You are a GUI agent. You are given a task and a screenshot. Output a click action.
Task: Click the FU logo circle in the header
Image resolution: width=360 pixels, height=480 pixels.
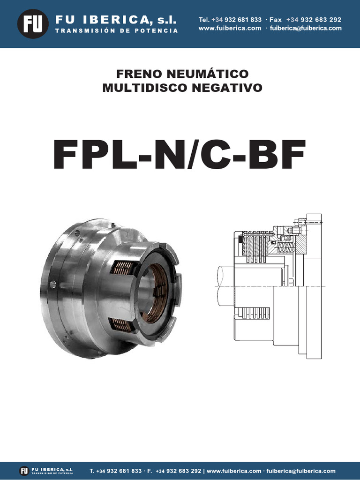pos(33,23)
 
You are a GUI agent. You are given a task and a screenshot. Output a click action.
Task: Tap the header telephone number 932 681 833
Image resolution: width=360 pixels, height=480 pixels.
pos(243,20)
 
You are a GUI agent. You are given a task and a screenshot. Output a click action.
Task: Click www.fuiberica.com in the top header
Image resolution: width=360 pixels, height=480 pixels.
pos(230,28)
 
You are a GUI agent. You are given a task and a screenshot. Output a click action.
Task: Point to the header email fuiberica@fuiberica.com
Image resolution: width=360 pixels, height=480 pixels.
pos(306,28)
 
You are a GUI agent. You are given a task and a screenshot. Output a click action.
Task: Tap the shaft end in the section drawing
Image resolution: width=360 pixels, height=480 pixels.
pos(225,285)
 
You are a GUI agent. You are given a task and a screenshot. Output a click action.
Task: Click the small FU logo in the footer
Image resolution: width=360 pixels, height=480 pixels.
pos(24,471)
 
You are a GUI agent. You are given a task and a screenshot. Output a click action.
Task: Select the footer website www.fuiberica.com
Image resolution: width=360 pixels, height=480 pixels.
pos(234,471)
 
